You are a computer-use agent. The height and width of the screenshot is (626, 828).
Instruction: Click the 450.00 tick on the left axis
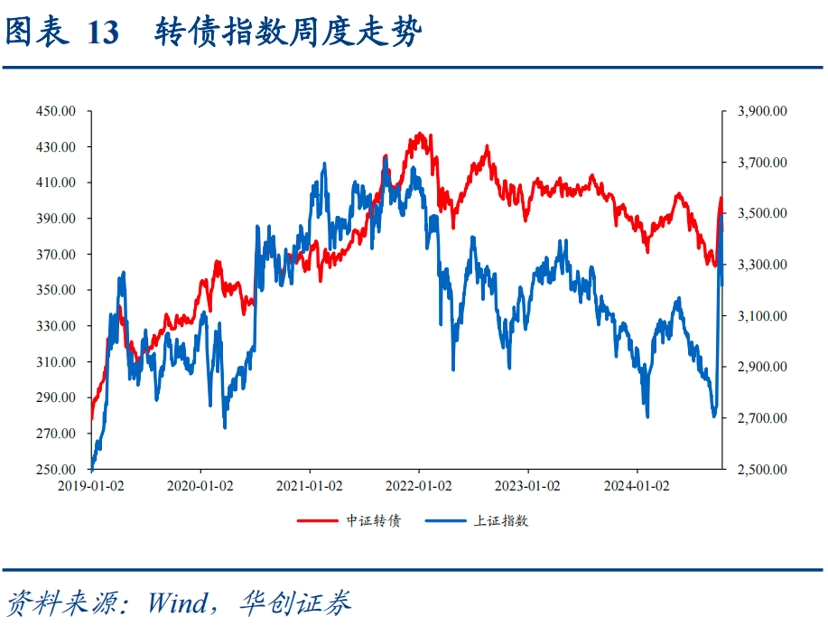point(56,111)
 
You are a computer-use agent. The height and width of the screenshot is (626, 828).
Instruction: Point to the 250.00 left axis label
point(56,470)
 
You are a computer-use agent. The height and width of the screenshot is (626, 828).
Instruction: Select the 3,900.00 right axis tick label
point(763,111)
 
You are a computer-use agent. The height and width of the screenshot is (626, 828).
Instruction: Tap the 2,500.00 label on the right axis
point(763,470)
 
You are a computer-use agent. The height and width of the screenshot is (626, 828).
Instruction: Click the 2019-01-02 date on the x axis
point(91,486)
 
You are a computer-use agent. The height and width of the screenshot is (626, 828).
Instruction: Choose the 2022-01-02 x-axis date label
point(419,486)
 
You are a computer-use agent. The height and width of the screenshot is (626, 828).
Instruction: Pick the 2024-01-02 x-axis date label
point(637,486)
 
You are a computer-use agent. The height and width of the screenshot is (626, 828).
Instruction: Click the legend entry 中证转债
point(373,521)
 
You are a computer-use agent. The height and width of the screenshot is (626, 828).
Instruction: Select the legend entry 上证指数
point(501,521)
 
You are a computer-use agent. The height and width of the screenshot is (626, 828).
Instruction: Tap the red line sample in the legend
point(318,521)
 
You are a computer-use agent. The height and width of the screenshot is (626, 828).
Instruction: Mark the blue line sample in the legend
point(446,521)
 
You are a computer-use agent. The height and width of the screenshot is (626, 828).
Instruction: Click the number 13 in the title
point(103,33)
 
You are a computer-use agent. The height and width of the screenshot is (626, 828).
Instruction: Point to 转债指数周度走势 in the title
point(287,33)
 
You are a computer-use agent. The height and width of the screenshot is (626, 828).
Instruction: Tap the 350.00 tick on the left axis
point(56,290)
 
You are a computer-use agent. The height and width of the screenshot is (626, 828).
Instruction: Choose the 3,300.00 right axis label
point(763,265)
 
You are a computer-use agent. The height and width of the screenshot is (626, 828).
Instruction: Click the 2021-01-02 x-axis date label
point(310,486)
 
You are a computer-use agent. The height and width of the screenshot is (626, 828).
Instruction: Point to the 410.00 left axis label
point(56,182)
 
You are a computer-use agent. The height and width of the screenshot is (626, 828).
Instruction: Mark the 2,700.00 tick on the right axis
point(763,418)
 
